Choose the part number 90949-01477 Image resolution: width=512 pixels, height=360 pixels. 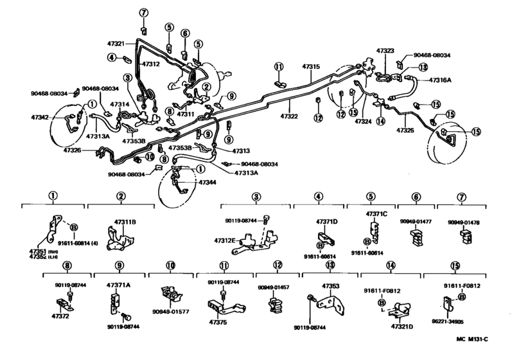[x=416, y=221]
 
